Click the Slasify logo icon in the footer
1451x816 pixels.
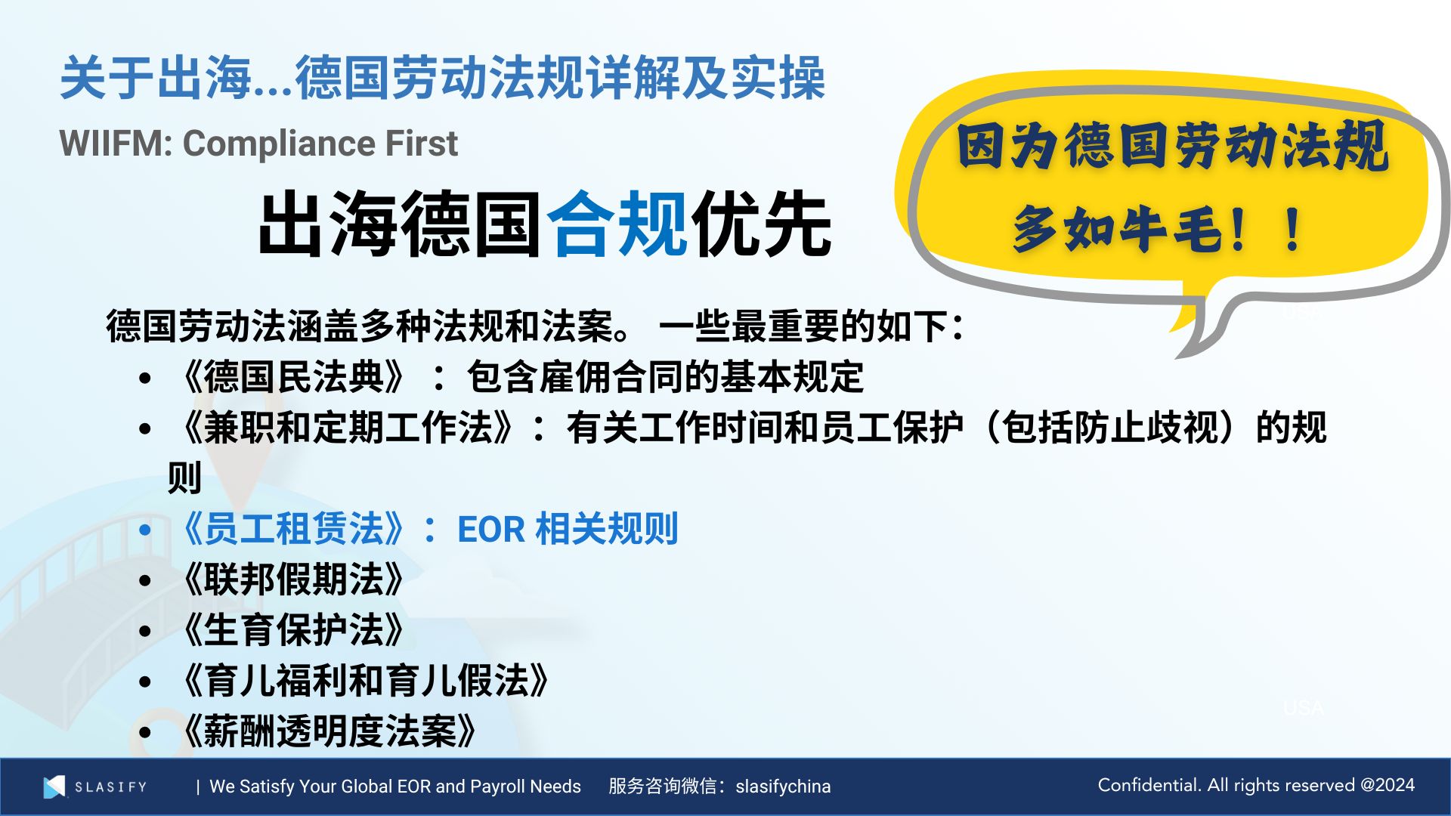coord(54,787)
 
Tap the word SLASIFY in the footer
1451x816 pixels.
coord(110,787)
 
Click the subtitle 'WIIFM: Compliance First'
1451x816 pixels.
coord(258,143)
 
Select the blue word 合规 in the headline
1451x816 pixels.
coord(617,223)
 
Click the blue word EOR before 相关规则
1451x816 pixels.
coord(491,530)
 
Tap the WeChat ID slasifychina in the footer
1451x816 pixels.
coord(783,787)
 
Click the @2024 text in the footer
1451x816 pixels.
coord(1388,785)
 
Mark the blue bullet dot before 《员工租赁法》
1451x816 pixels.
coord(145,530)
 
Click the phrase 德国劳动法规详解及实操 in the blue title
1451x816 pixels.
coord(560,78)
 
